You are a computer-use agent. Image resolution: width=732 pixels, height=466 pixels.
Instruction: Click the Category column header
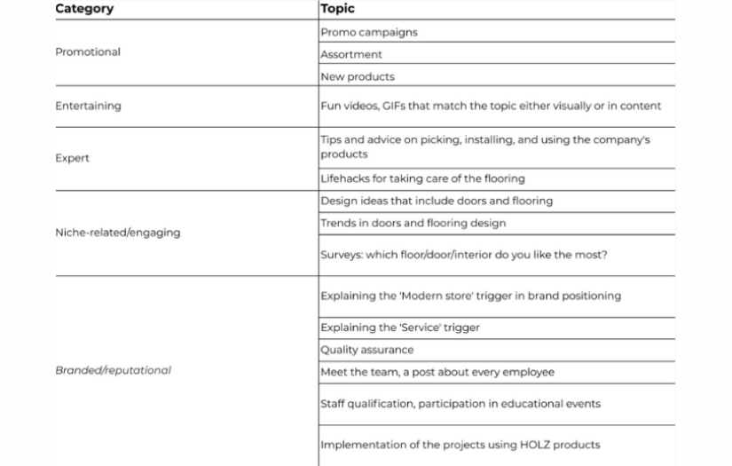pos(83,9)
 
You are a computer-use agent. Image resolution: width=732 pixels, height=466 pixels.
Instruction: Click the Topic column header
pos(337,9)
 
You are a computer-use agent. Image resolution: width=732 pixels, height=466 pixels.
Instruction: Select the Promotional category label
pos(88,52)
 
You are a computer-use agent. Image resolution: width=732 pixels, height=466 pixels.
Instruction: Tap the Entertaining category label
pos(88,106)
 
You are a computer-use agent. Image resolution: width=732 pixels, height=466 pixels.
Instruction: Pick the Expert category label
pos(72,158)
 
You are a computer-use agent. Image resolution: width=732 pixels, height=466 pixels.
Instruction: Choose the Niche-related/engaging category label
pos(117,233)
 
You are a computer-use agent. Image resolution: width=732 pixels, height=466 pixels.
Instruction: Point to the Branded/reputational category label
pos(113,370)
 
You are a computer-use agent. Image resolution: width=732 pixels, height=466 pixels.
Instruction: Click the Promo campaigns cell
pos(368,32)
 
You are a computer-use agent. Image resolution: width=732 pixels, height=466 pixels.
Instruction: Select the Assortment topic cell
pos(351,54)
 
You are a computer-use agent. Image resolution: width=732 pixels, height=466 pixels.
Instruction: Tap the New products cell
pos(358,77)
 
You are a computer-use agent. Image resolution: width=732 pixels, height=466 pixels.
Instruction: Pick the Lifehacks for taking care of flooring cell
pos(422,178)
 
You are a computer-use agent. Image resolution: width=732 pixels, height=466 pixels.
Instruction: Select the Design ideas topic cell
pos(436,201)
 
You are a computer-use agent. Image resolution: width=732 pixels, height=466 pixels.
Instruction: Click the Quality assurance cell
pos(366,350)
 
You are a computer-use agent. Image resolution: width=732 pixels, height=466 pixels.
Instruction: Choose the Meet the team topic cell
pos(437,372)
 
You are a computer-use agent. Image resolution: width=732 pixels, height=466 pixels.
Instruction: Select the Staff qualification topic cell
pos(460,404)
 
